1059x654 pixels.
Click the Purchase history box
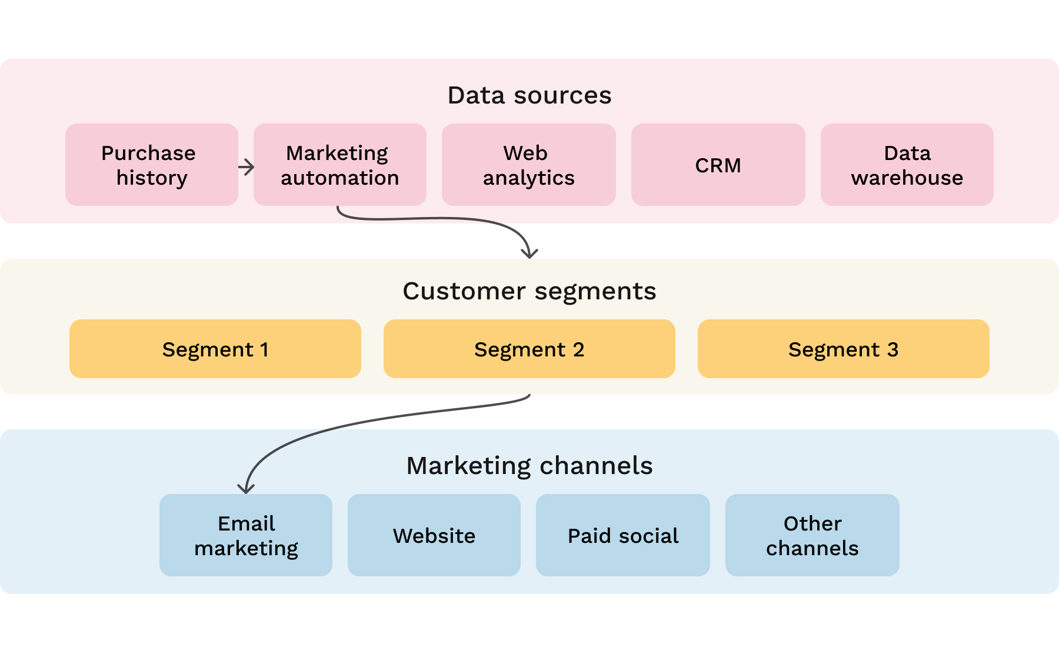coord(151,165)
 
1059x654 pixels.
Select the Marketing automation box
coord(339,165)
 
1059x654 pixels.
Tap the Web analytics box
coord(528,165)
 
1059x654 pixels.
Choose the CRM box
coord(718,165)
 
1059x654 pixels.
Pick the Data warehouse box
coord(907,165)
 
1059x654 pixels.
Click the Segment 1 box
coord(215,349)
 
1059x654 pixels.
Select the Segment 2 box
coord(529,349)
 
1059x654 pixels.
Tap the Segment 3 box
coord(843,349)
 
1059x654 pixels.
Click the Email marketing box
coord(245,535)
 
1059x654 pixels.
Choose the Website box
coord(434,535)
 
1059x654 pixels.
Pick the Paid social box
coord(622,535)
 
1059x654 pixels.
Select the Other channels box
coord(812,535)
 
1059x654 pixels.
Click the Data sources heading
coord(529,95)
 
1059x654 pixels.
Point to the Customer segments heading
coord(529,291)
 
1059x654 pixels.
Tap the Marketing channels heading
coord(529,466)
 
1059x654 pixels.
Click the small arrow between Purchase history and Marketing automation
coord(247,167)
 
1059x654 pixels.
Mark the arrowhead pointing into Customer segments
coord(529,253)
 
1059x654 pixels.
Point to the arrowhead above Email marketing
coord(245,488)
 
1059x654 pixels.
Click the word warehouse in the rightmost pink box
coord(907,178)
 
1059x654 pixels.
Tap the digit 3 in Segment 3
coord(893,349)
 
